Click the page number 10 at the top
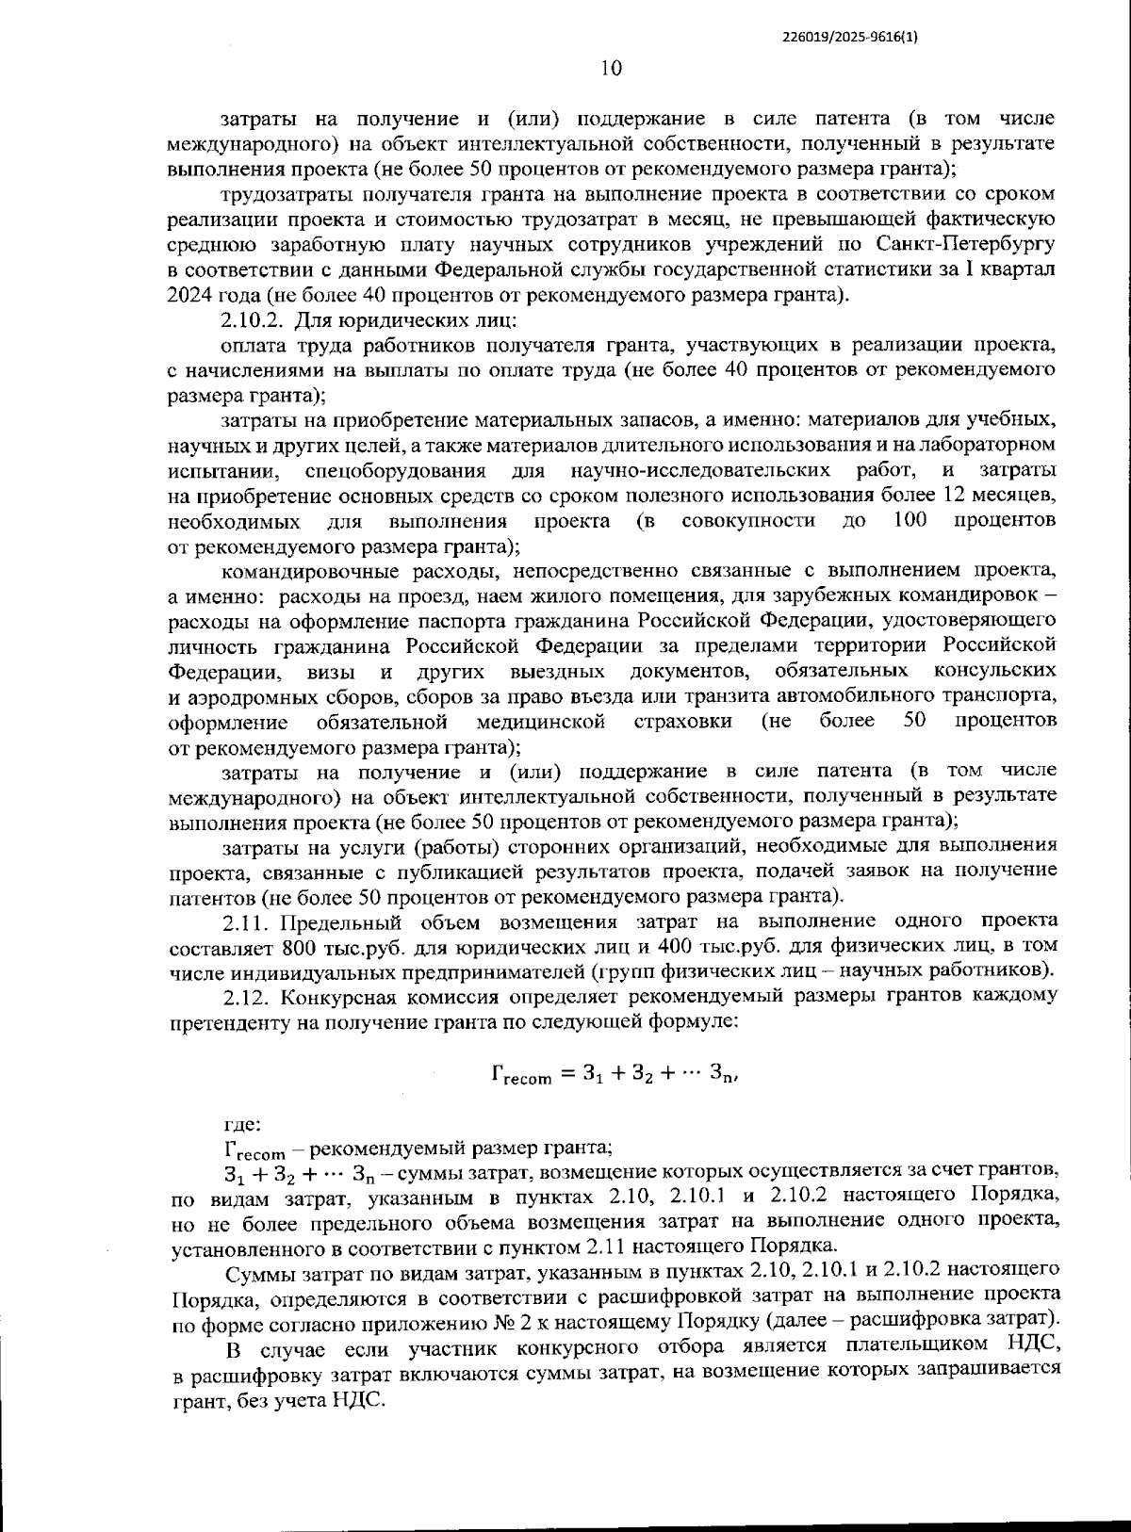coord(611,68)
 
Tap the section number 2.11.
coord(246,921)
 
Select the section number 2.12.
coord(246,995)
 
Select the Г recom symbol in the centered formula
coord(521,1074)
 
